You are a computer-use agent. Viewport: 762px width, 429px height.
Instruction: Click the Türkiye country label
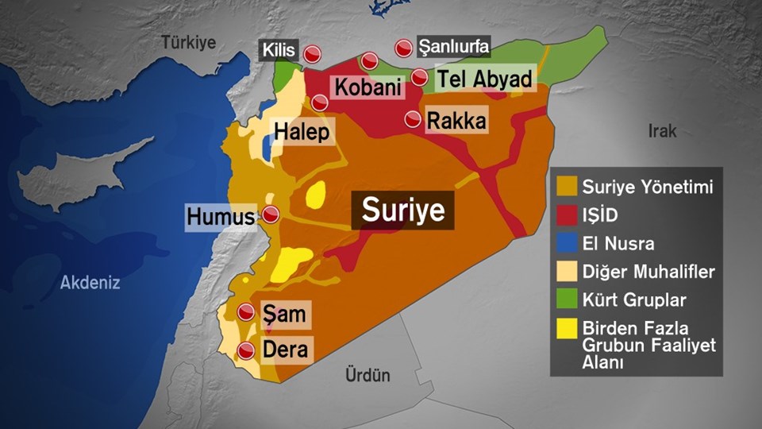pyautogui.click(x=189, y=43)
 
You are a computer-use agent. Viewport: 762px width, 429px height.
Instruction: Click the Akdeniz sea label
pyautogui.click(x=90, y=281)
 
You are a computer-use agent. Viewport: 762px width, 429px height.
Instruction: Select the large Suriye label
pyautogui.click(x=402, y=211)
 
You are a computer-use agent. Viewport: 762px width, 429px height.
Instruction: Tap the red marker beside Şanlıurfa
pyautogui.click(x=405, y=48)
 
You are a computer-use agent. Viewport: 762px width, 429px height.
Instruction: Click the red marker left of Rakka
pyautogui.click(x=414, y=120)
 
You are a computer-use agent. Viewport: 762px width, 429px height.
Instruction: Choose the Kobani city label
pyautogui.click(x=367, y=87)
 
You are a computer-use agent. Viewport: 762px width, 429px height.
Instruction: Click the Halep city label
pyautogui.click(x=301, y=131)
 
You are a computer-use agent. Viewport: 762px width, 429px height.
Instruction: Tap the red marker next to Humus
pyautogui.click(x=271, y=214)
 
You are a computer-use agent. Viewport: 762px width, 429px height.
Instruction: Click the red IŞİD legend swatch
pyautogui.click(x=567, y=216)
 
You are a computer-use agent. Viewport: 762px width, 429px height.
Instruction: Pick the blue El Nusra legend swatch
pyautogui.click(x=567, y=244)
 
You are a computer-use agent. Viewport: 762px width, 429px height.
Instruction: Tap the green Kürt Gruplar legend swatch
pyautogui.click(x=567, y=300)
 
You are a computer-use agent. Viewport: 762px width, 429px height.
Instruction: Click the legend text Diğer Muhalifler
pyautogui.click(x=648, y=272)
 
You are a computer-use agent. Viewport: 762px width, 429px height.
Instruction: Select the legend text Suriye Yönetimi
pyautogui.click(x=647, y=187)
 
